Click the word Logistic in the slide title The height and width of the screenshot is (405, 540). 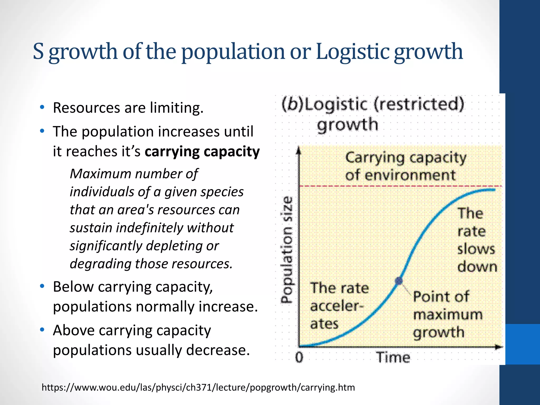[352, 52]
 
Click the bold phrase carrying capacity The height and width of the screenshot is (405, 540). [202, 152]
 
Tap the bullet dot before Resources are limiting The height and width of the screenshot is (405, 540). [42, 107]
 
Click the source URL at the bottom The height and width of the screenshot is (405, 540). [198, 387]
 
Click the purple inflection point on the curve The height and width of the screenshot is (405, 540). [399, 281]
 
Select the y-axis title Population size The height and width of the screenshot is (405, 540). [287, 249]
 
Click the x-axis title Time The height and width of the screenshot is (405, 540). [393, 358]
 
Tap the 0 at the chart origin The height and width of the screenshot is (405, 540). [299, 358]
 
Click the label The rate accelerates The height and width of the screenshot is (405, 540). [339, 306]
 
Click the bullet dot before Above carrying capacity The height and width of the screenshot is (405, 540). [42, 330]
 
